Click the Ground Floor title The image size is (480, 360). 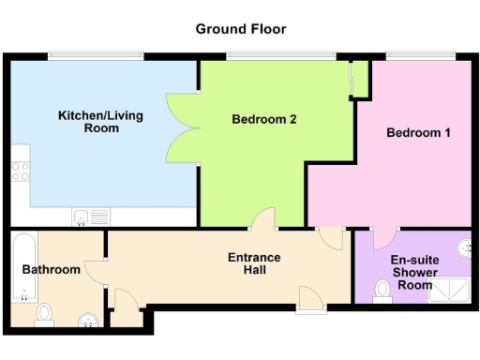click(x=240, y=29)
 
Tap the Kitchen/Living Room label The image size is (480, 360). click(x=89, y=121)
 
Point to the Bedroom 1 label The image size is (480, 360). click(x=418, y=133)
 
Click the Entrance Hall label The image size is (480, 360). click(x=254, y=263)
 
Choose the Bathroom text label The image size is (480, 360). click(x=52, y=270)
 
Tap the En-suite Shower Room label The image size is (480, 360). click(x=413, y=272)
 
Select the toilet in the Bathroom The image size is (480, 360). click(x=43, y=313)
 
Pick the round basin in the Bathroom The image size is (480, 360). click(x=88, y=321)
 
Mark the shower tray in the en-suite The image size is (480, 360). click(x=447, y=292)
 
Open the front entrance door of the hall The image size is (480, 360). click(x=308, y=297)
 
